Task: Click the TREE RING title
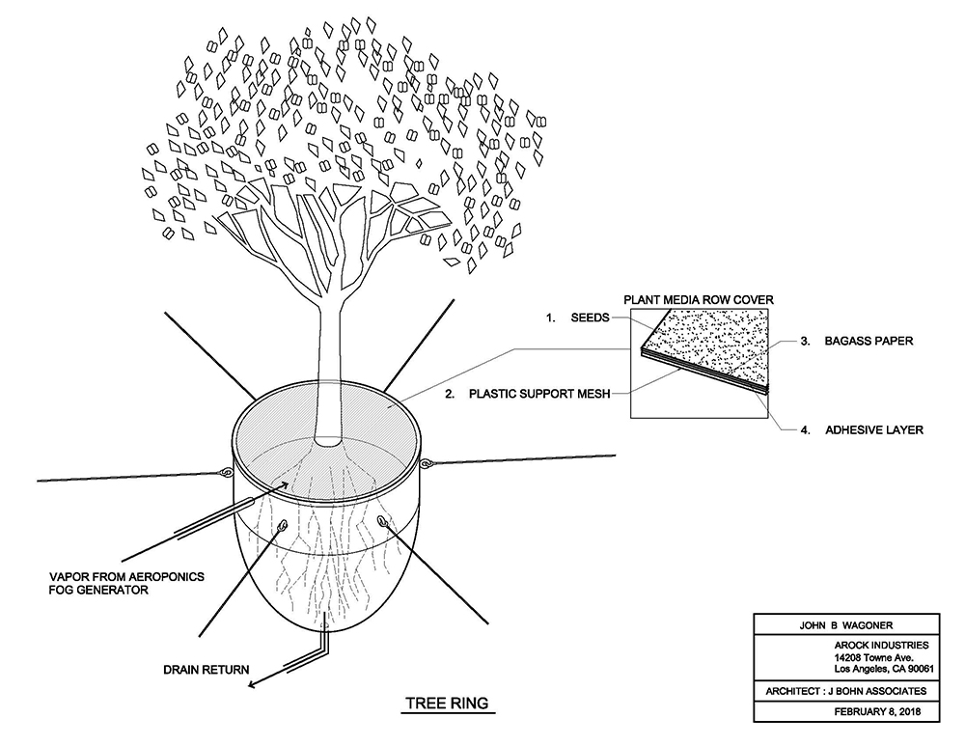click(x=447, y=703)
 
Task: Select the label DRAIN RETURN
click(x=207, y=670)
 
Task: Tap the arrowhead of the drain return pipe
click(x=252, y=684)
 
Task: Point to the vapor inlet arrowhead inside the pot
click(x=284, y=485)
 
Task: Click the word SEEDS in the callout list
click(x=590, y=318)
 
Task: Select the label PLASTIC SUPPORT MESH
click(x=539, y=394)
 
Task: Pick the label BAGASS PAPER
click(x=868, y=341)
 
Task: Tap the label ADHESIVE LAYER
click(x=874, y=430)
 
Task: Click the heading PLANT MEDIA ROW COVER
click(x=699, y=300)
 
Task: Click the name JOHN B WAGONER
click(x=845, y=625)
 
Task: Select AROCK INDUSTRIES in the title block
click(x=881, y=645)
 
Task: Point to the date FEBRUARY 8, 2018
click(x=877, y=711)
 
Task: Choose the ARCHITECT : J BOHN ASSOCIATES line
click(x=845, y=691)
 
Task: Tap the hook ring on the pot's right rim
click(x=426, y=463)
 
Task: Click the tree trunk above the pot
click(x=328, y=370)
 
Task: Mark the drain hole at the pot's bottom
click(x=323, y=626)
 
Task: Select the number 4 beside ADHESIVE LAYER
click(x=805, y=430)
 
